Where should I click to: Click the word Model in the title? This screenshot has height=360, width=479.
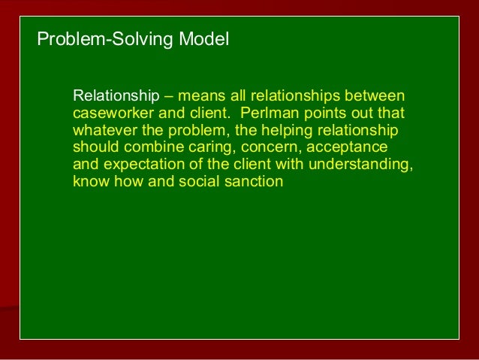pos(203,38)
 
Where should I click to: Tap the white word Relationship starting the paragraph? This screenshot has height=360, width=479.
pos(116,97)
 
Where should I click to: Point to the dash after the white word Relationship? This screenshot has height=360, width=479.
pos(167,97)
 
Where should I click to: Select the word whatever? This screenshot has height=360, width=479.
pos(101,130)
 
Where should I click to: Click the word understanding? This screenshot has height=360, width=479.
pos(363,164)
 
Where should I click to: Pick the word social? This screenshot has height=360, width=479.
pos(198,181)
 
